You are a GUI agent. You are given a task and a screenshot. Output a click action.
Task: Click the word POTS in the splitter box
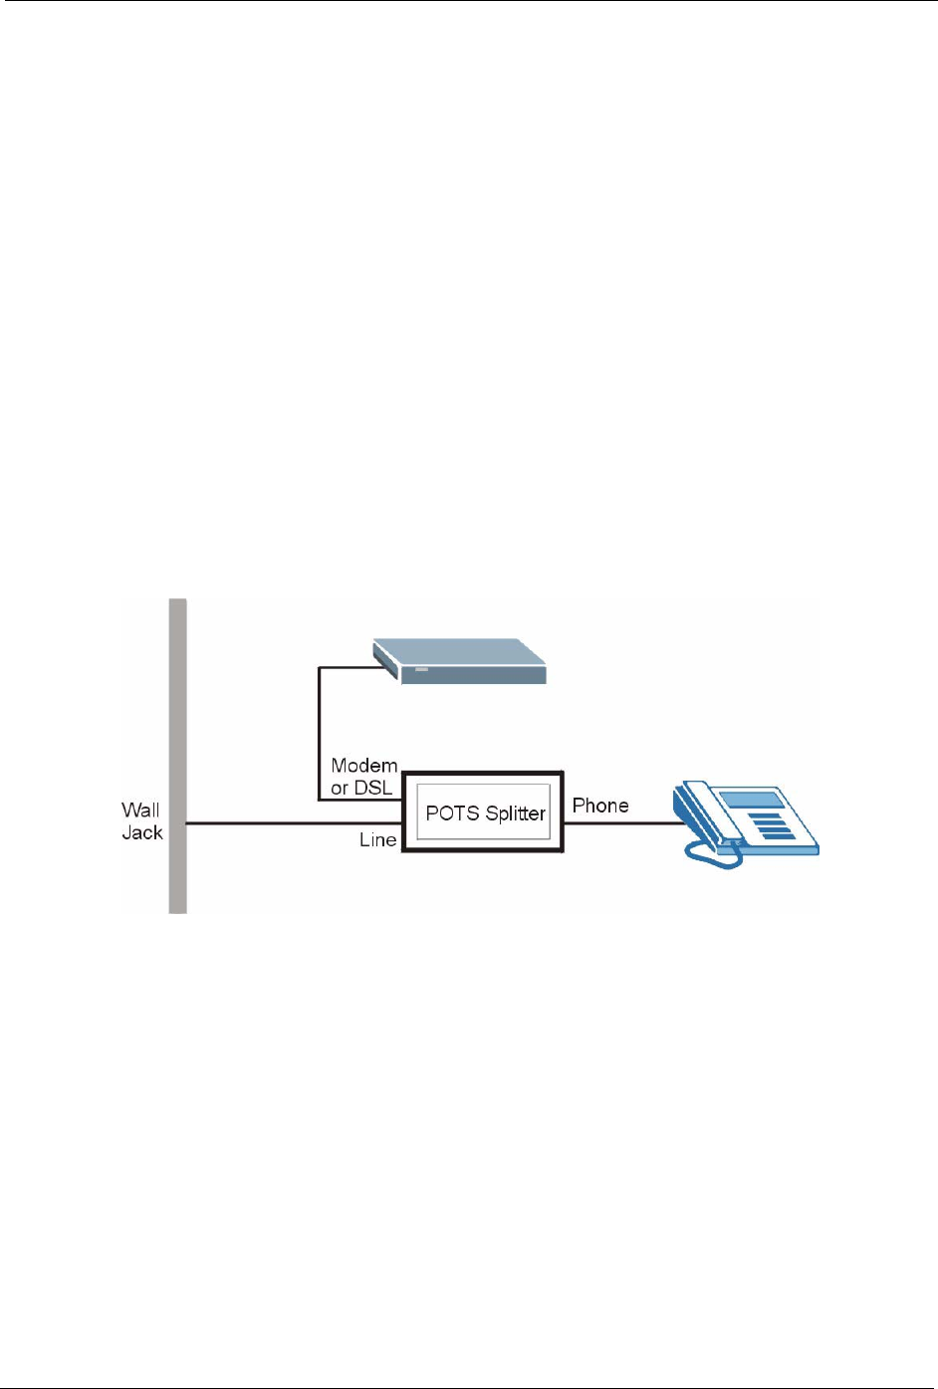452,813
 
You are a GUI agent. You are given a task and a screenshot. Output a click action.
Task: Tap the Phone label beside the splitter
600,806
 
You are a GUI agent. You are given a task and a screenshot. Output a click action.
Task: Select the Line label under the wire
377,840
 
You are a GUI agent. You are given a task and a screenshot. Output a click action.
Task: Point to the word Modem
364,766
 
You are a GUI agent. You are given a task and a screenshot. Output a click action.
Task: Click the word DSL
374,788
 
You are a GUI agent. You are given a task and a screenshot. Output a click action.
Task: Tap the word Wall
140,810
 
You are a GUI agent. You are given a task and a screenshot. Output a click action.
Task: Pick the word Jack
141,832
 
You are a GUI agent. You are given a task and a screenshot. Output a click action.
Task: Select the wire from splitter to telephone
622,823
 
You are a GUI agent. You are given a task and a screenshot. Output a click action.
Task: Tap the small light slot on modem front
421,670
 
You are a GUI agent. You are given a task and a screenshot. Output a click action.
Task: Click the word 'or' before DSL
340,788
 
